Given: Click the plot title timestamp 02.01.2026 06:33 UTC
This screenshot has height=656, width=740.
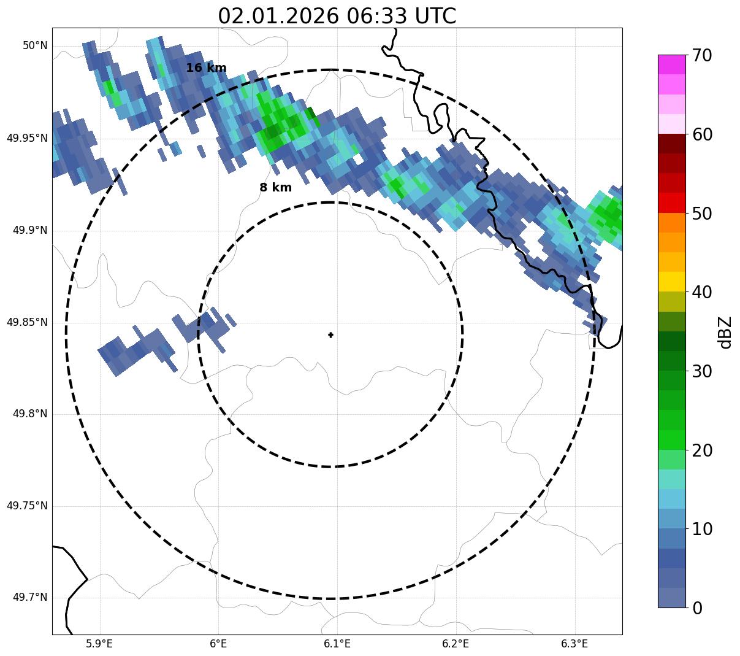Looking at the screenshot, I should tap(337, 16).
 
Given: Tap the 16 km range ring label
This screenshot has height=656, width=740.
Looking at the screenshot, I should tap(206, 68).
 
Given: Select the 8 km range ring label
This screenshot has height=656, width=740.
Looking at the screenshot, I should tap(275, 188).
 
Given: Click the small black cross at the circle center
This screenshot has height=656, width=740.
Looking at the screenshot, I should tap(331, 334).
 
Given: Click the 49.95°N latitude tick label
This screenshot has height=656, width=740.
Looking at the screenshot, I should tap(27, 138).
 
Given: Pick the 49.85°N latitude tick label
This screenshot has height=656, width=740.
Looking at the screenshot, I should tap(27, 322).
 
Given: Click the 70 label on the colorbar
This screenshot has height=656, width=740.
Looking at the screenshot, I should tap(702, 55).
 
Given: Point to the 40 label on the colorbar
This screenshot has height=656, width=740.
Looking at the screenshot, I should tap(702, 292).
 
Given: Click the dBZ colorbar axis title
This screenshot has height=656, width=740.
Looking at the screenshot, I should tap(725, 332).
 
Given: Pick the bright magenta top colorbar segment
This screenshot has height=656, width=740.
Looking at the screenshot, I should tap(671, 64).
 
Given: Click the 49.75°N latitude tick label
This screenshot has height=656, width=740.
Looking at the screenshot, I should tap(27, 506).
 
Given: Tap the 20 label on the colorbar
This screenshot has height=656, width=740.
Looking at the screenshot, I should tap(702, 450).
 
